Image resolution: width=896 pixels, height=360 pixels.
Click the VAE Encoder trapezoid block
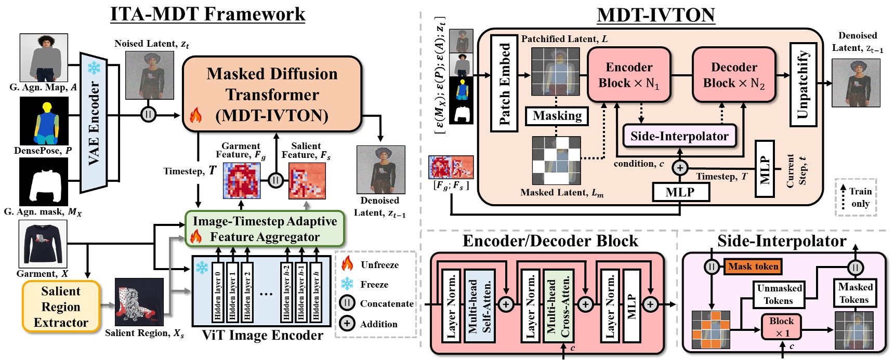click(x=94, y=123)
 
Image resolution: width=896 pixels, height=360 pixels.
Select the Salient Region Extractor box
click(x=61, y=306)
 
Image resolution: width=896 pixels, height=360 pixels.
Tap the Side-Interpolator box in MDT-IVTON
click(x=679, y=136)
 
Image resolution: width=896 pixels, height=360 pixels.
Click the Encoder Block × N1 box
click(x=629, y=75)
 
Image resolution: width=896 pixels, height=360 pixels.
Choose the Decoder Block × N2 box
click(x=733, y=75)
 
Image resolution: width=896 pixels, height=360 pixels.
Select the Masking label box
click(x=557, y=116)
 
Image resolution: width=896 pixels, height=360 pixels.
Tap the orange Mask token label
click(x=753, y=266)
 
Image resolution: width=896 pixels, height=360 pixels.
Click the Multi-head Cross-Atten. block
click(x=558, y=305)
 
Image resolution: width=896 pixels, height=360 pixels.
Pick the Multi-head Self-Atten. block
click(x=479, y=305)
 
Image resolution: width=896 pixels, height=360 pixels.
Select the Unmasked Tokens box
click(x=779, y=295)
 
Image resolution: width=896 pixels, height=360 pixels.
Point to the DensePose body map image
click(x=44, y=122)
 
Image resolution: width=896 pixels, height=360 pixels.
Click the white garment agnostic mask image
click(x=44, y=182)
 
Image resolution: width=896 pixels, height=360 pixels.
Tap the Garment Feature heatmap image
click(x=241, y=180)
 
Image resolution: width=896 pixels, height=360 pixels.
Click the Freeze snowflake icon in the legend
click(x=347, y=284)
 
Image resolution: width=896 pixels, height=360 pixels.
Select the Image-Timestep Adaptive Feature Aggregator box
click(x=265, y=229)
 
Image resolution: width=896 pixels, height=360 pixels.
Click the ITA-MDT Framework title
click(x=208, y=14)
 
